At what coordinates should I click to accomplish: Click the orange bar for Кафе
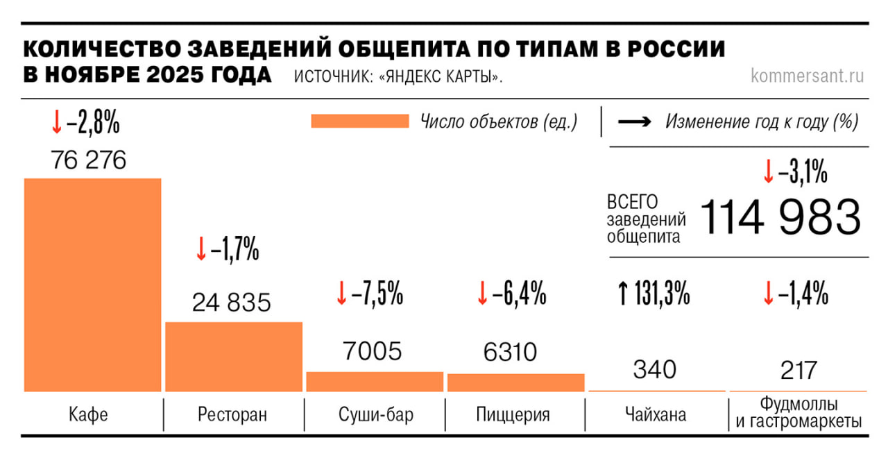[x=93, y=285]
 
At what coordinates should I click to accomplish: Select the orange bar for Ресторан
[x=234, y=357]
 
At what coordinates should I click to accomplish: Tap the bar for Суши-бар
[x=375, y=382]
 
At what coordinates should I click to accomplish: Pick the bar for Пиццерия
[x=515, y=382]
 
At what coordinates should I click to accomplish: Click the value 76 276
[x=89, y=160]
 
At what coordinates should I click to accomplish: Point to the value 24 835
[x=232, y=303]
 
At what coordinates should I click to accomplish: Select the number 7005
[x=373, y=352]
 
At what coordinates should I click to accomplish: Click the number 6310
[x=511, y=352]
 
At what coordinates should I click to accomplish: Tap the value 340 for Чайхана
[x=654, y=369]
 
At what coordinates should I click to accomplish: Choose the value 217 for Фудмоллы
[x=798, y=369]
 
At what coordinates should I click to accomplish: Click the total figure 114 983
[x=780, y=217]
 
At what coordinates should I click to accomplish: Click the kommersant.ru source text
[x=807, y=76]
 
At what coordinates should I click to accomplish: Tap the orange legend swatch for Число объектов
[x=360, y=121]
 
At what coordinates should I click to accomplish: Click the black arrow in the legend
[x=634, y=122]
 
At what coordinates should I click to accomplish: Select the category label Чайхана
[x=654, y=415]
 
